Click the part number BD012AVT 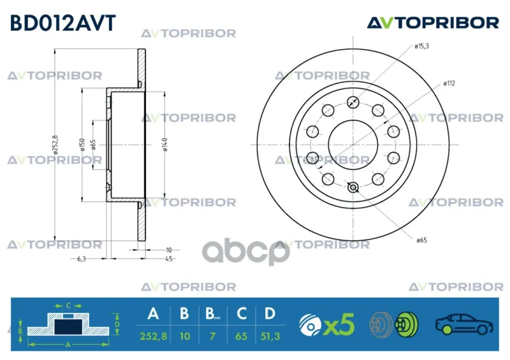click(x=62, y=23)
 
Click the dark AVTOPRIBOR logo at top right click(x=433, y=23)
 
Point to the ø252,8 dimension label click(x=55, y=145)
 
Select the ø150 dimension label click(x=82, y=145)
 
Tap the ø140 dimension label click(x=164, y=145)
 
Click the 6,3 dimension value click(x=82, y=259)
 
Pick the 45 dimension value click(x=168, y=259)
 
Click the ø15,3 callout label click(x=421, y=46)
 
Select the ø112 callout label click(x=449, y=83)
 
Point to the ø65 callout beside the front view click(x=421, y=240)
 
